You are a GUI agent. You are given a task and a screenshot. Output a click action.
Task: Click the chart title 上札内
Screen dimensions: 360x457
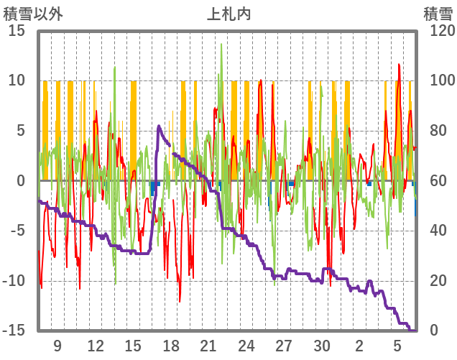tap(228, 14)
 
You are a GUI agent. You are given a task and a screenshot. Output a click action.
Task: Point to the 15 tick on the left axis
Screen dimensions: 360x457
tap(17, 31)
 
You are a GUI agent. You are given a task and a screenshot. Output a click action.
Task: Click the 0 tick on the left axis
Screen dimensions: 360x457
tap(22, 180)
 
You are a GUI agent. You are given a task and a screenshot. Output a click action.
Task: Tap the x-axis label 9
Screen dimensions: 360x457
tap(57, 345)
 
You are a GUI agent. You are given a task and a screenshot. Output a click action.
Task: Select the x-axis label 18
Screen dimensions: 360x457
tap(171, 345)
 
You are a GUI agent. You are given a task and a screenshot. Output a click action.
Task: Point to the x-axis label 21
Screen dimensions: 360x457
tap(208, 345)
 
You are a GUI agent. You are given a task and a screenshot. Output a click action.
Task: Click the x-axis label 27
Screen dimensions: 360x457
tap(285, 345)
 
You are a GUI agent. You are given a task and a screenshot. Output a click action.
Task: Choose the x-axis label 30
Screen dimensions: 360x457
tap(322, 345)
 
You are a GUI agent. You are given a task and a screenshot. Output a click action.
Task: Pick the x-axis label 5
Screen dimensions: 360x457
tap(397, 345)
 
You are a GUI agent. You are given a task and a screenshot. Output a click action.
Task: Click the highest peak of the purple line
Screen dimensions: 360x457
tap(159, 126)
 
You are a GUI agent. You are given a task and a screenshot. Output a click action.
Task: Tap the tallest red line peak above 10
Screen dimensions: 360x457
tap(400, 65)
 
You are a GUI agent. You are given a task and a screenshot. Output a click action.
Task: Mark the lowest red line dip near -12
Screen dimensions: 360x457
tap(180, 301)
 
